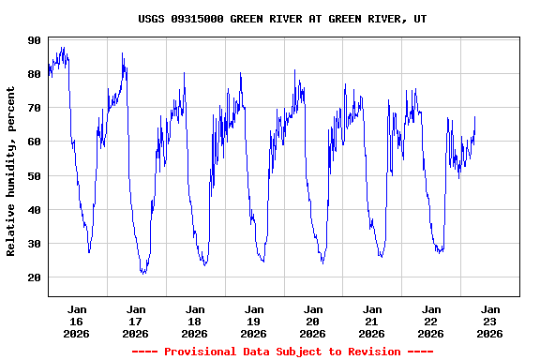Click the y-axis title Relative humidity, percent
(x=11, y=171)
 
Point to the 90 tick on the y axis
(x=35, y=40)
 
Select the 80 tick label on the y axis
(x=35, y=74)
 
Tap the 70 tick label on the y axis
(x=35, y=108)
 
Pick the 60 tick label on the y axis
(x=35, y=142)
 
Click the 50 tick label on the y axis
(x=35, y=176)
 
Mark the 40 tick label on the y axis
(x=35, y=210)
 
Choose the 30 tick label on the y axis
(x=35, y=244)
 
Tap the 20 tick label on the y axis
(x=35, y=277)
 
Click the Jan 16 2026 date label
(x=77, y=321)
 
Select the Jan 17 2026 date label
(x=136, y=321)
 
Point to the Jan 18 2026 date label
(x=195, y=321)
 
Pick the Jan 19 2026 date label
(x=254, y=321)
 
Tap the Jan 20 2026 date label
(x=313, y=321)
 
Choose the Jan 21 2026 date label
(x=372, y=321)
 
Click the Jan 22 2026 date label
(x=431, y=321)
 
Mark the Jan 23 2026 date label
(x=490, y=321)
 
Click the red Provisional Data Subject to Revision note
(x=282, y=352)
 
